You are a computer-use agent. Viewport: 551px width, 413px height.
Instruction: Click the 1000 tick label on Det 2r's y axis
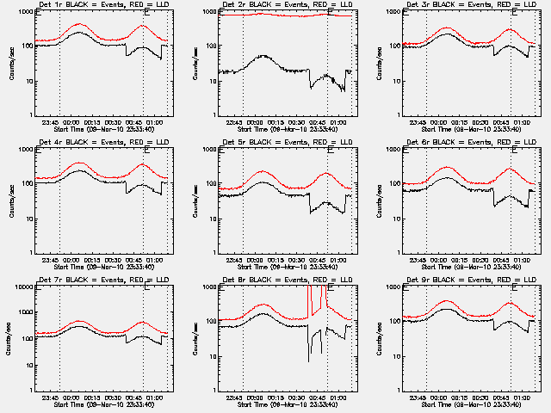[208, 11]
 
